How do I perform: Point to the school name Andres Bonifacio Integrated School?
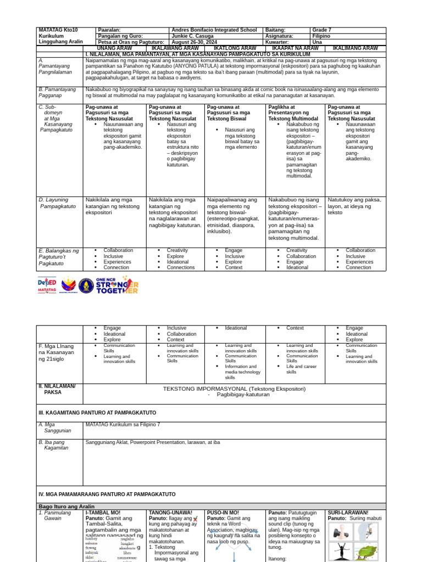pyautogui.click(x=214, y=30)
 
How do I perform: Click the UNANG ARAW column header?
pyautogui.click(x=115, y=48)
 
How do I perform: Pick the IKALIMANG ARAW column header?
pyautogui.click(x=356, y=48)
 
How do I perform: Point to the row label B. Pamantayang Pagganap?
pyautogui.click(x=57, y=92)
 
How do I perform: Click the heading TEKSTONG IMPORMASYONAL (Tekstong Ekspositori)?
pyautogui.click(x=234, y=389)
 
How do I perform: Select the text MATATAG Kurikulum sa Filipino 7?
pyautogui.click(x=123, y=424)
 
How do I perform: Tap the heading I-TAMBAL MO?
pyautogui.click(x=103, y=513)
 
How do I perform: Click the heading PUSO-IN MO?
pyautogui.click(x=223, y=513)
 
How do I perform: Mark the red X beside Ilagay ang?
pyautogui.click(x=196, y=519)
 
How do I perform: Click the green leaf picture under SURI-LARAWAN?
pyautogui.click(x=366, y=552)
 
